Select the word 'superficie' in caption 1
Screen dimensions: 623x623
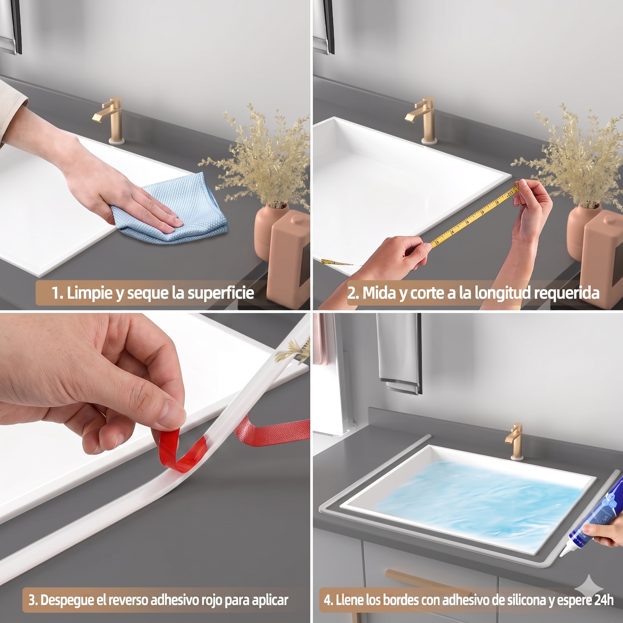(221, 293)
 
